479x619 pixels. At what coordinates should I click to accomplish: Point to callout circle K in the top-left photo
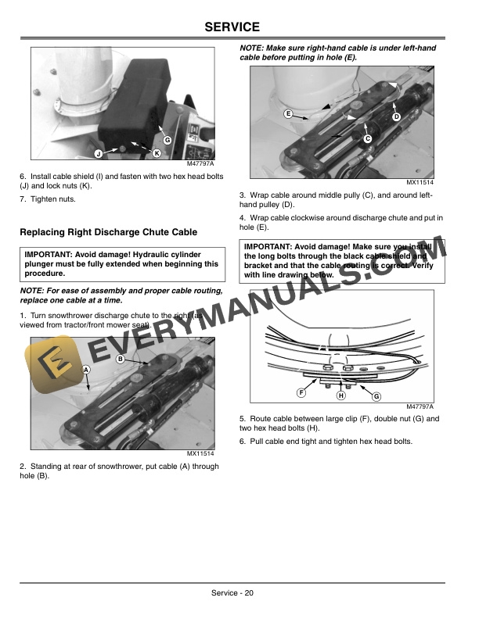[157, 152]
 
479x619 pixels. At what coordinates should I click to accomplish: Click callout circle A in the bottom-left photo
[85, 368]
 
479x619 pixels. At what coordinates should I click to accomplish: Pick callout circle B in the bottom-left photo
[121, 359]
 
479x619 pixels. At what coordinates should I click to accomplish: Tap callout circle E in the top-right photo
[289, 115]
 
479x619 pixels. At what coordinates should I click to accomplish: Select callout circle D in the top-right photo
[396, 116]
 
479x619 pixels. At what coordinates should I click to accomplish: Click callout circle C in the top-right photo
[367, 138]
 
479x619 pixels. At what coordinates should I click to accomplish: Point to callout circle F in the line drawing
[301, 391]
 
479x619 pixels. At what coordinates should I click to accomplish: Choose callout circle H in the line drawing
[340, 395]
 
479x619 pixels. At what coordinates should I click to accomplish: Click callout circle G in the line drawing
[376, 397]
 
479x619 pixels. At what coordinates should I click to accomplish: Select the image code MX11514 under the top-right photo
[420, 183]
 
